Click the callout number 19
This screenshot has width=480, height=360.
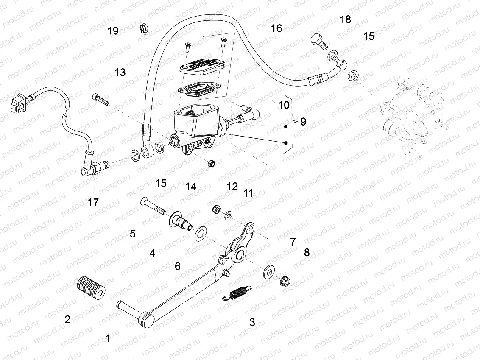point(113,31)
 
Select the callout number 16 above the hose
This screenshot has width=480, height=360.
point(276,28)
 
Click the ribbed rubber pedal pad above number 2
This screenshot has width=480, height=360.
point(91,288)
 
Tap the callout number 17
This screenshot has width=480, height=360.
point(93,203)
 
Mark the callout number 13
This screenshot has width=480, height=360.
point(120,73)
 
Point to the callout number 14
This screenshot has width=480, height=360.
point(191,186)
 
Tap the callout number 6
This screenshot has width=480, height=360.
point(178,266)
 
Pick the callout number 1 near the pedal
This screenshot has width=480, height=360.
point(108,338)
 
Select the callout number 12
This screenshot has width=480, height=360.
point(232,186)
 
